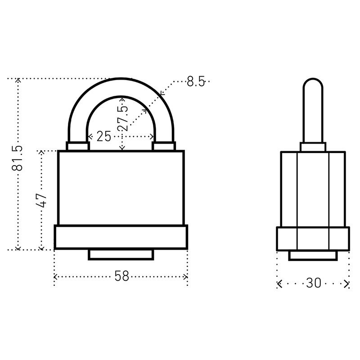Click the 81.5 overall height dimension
(x=17, y=158)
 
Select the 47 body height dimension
(x=41, y=200)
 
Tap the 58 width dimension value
(x=121, y=276)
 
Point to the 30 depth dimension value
(x=313, y=283)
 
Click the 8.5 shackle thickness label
(x=196, y=81)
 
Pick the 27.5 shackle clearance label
(x=122, y=118)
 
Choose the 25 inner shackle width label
(x=104, y=137)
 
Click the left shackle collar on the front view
(x=78, y=146)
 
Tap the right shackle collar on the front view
(x=164, y=146)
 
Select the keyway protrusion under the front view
(x=121, y=254)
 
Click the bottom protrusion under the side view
(x=313, y=256)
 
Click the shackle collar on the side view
(x=313, y=147)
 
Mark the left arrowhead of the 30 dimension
(x=279, y=284)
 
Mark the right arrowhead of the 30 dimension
(x=347, y=284)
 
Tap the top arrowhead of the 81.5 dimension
(x=18, y=80)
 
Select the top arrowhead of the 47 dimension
(x=41, y=152)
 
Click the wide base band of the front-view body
(x=121, y=237)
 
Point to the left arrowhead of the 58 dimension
(x=55, y=277)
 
